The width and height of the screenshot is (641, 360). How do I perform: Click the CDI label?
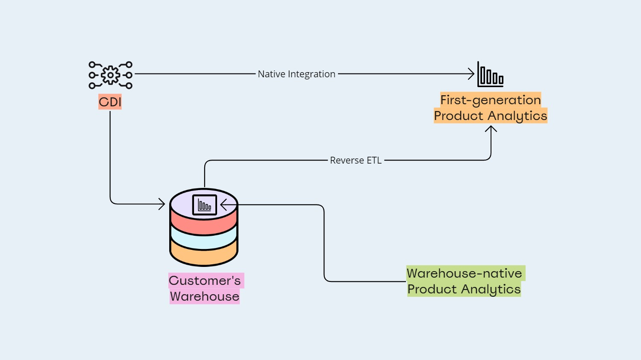(110, 102)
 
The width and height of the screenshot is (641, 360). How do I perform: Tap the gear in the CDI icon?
(110, 75)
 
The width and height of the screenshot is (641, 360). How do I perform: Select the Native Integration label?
(297, 74)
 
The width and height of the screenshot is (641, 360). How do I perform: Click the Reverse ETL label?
(356, 161)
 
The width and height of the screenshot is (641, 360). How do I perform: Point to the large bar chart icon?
(490, 74)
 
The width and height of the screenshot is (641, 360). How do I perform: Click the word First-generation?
(491, 100)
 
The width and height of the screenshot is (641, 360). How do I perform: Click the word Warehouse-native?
(464, 273)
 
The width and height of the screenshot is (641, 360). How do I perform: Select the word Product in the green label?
(432, 289)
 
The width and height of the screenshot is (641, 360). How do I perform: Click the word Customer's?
(205, 281)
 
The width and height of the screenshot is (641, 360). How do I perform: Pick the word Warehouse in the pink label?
(205, 296)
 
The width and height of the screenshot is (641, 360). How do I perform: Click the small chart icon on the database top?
(205, 205)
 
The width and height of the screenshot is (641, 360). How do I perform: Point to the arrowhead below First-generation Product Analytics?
(491, 129)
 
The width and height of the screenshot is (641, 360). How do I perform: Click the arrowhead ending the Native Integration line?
(471, 74)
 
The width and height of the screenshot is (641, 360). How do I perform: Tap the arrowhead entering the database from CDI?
(162, 204)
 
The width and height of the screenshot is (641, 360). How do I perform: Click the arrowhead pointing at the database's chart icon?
(223, 205)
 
